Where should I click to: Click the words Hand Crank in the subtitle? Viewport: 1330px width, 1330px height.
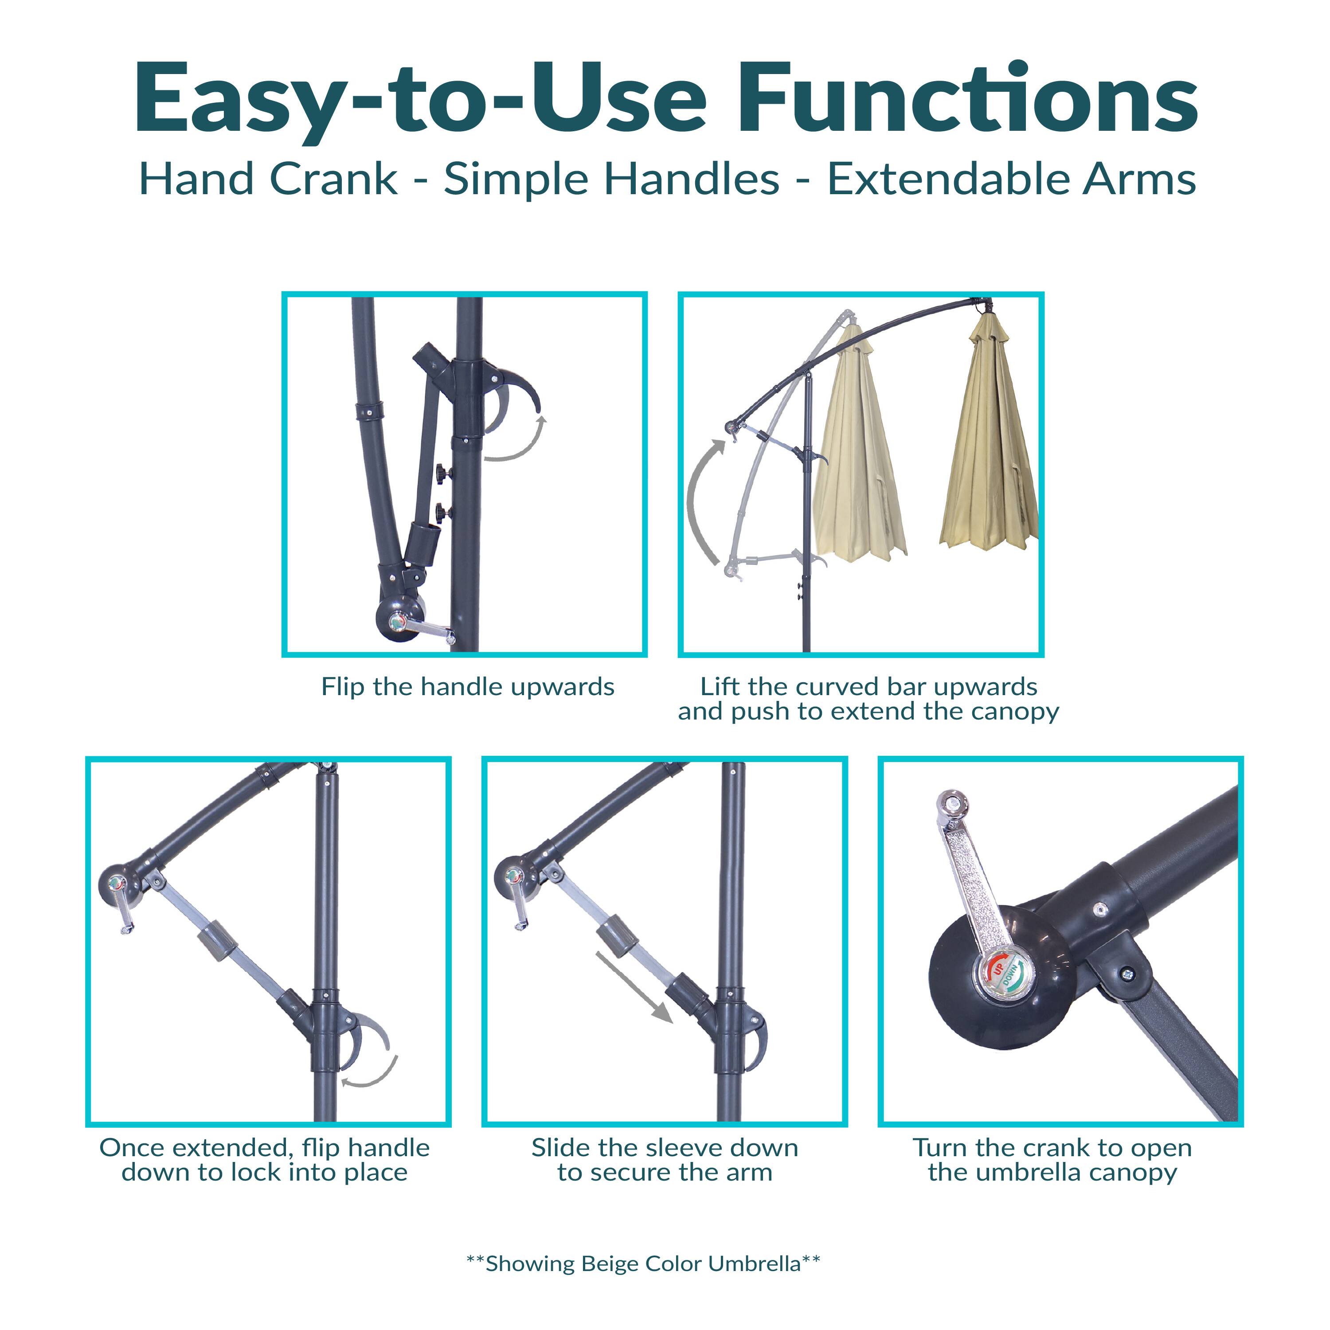[x=269, y=180]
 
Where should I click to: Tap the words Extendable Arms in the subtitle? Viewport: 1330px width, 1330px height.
[x=1011, y=180]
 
